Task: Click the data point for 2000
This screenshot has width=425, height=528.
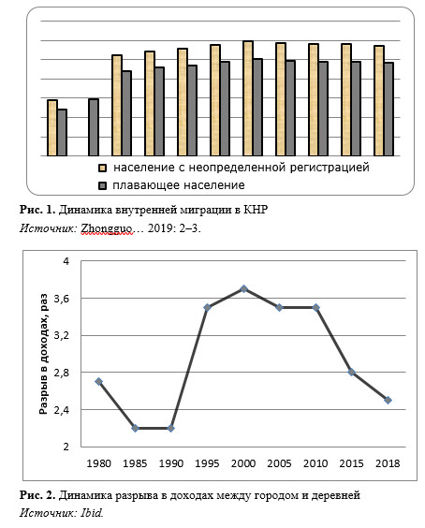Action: coord(243,288)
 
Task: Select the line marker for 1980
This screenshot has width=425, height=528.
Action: coord(98,382)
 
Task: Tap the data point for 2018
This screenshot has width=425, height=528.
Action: coord(388,400)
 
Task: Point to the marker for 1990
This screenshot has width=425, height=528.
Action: coord(171,429)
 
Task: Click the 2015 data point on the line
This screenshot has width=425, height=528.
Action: coord(352,372)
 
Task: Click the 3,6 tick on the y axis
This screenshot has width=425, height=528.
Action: coord(61,299)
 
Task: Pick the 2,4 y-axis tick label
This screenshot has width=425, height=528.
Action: coord(61,410)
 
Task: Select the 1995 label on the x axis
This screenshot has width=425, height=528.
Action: coord(207,463)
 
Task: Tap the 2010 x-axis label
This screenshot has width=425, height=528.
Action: coord(315,463)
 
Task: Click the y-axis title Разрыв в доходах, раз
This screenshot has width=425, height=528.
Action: coord(43,354)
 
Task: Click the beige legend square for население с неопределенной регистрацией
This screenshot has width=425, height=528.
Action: coord(102,168)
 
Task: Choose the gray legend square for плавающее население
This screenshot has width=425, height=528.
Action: coord(102,185)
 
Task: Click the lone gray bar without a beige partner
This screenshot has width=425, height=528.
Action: coord(94,127)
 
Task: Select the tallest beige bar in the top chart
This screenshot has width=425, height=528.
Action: coord(248,98)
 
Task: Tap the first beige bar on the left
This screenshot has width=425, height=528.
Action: coord(52,128)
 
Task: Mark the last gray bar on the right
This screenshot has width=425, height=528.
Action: coord(388,110)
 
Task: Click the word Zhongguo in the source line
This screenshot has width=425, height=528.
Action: coord(107,228)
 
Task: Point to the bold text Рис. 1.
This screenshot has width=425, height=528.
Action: coord(37,210)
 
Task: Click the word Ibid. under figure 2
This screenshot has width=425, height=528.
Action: coord(92,512)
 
